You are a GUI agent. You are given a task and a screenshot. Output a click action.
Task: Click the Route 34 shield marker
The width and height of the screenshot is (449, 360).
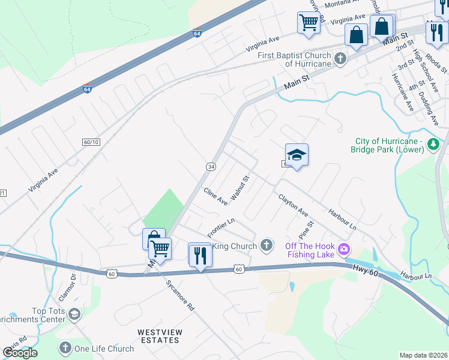pos(211,166)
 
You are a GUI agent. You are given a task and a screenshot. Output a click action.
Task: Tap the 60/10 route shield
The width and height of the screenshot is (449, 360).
pos(90,142)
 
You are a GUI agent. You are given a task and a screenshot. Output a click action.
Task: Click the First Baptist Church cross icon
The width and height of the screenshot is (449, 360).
pos(340,59)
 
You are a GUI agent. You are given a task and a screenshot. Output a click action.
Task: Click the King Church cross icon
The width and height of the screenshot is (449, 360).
pos(267,245)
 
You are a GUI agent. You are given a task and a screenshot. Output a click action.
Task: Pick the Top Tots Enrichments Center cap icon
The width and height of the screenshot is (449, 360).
pos(74,314)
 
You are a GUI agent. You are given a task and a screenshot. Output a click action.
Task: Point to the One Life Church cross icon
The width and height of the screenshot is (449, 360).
pos(65,348)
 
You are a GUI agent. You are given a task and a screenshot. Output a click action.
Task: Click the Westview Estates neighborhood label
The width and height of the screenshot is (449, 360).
pos(158,336)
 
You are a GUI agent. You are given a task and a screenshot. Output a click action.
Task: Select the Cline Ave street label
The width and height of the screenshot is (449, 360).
pos(215,196)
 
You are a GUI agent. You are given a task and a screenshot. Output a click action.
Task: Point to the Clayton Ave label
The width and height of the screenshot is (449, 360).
pos(293,205)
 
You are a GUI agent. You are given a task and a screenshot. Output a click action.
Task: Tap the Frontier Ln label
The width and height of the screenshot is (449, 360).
pos(220,227)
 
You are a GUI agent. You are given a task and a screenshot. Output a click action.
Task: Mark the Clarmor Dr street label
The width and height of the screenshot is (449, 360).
pos(67,287)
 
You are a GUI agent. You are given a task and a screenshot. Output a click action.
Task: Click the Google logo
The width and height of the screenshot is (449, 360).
pos(20,352)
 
